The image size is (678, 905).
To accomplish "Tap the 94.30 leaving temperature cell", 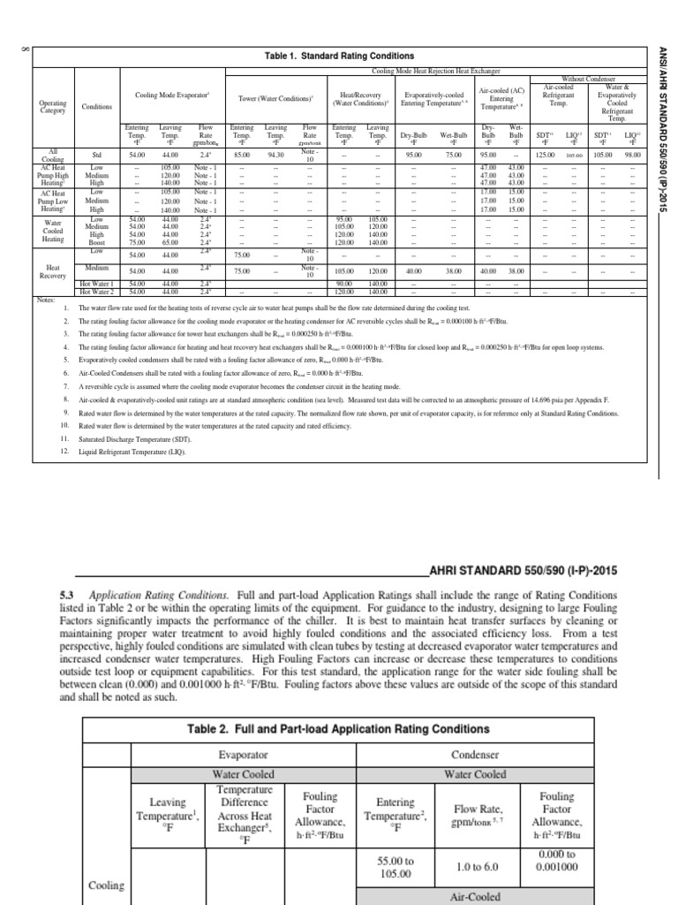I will coord(277,156).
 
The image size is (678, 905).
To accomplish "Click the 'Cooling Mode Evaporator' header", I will coord(171,94).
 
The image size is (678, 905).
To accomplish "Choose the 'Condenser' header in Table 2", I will coord(475,756).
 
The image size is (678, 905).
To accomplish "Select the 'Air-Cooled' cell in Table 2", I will coord(475,897).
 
